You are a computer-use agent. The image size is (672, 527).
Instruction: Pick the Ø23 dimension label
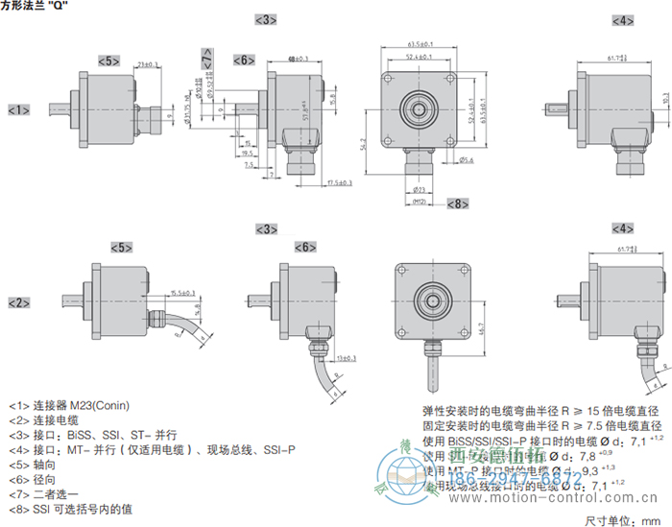(419, 190)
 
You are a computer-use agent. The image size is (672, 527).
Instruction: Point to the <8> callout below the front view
(456, 204)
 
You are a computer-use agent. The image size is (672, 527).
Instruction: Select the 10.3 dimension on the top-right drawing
(665, 98)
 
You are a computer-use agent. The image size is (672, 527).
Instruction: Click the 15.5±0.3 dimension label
(182, 292)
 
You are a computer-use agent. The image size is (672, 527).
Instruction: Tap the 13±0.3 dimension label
(346, 358)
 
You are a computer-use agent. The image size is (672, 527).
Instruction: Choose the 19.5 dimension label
(247, 152)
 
